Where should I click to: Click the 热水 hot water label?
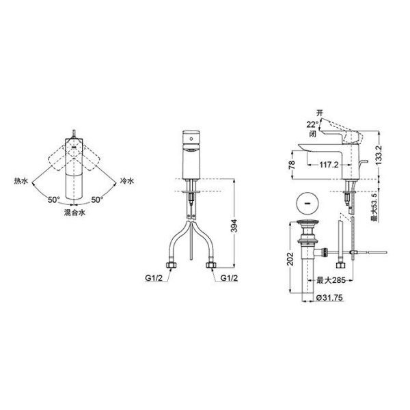point(21,182)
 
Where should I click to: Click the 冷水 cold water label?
point(126,182)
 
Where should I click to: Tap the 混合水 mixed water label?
point(74,213)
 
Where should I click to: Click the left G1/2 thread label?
point(154,278)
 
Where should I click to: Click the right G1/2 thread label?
point(227,278)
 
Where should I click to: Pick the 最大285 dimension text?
point(330,279)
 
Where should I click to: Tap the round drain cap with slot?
point(307,204)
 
